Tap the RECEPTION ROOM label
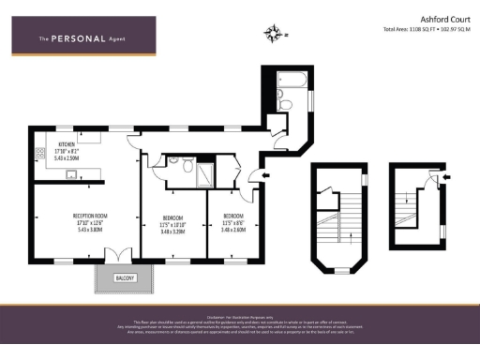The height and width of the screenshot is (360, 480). (91, 216)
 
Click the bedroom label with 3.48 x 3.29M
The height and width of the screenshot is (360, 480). (173, 220)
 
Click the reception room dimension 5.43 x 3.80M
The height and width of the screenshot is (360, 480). (91, 230)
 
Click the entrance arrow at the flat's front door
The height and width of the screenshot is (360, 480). (266, 174)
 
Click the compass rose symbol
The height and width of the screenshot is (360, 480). (274, 36)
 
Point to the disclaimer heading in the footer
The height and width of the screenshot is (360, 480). (239, 316)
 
